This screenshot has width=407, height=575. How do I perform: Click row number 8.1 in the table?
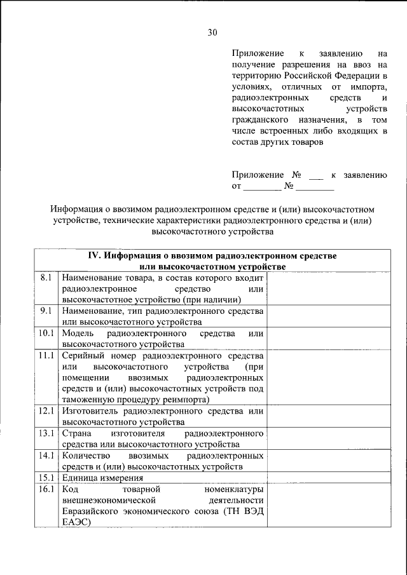[45, 278]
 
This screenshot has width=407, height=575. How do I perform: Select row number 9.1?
[45, 311]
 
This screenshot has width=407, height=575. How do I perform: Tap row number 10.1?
[45, 334]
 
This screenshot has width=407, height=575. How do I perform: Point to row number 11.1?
[45, 356]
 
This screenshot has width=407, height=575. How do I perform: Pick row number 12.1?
[45, 411]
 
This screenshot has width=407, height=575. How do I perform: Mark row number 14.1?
[45, 456]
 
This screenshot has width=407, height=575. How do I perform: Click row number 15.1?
[45, 478]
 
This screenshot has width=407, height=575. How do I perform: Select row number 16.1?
[45, 489]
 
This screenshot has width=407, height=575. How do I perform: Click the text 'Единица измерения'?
[102, 478]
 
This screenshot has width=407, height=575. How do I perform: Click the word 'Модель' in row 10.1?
[78, 334]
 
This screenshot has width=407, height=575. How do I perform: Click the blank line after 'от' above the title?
[262, 187]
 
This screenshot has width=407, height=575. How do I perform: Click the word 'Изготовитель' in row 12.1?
[90, 411]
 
